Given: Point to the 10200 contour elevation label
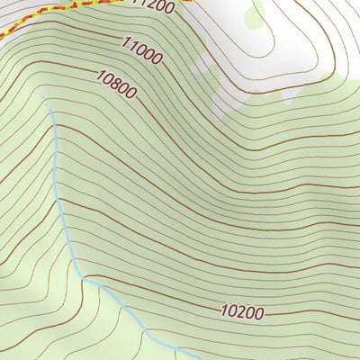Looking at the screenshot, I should pyautogui.click(x=242, y=312).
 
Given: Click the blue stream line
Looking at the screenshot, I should pyautogui.click(x=60, y=198).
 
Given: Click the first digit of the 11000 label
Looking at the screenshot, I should pyautogui.click(x=123, y=41).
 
